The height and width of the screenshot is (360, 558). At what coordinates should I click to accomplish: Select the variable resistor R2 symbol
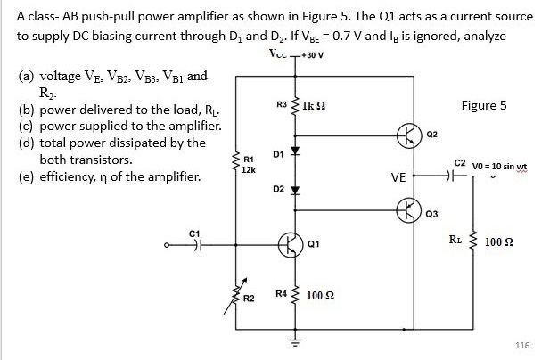pyautogui.click(x=236, y=293)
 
